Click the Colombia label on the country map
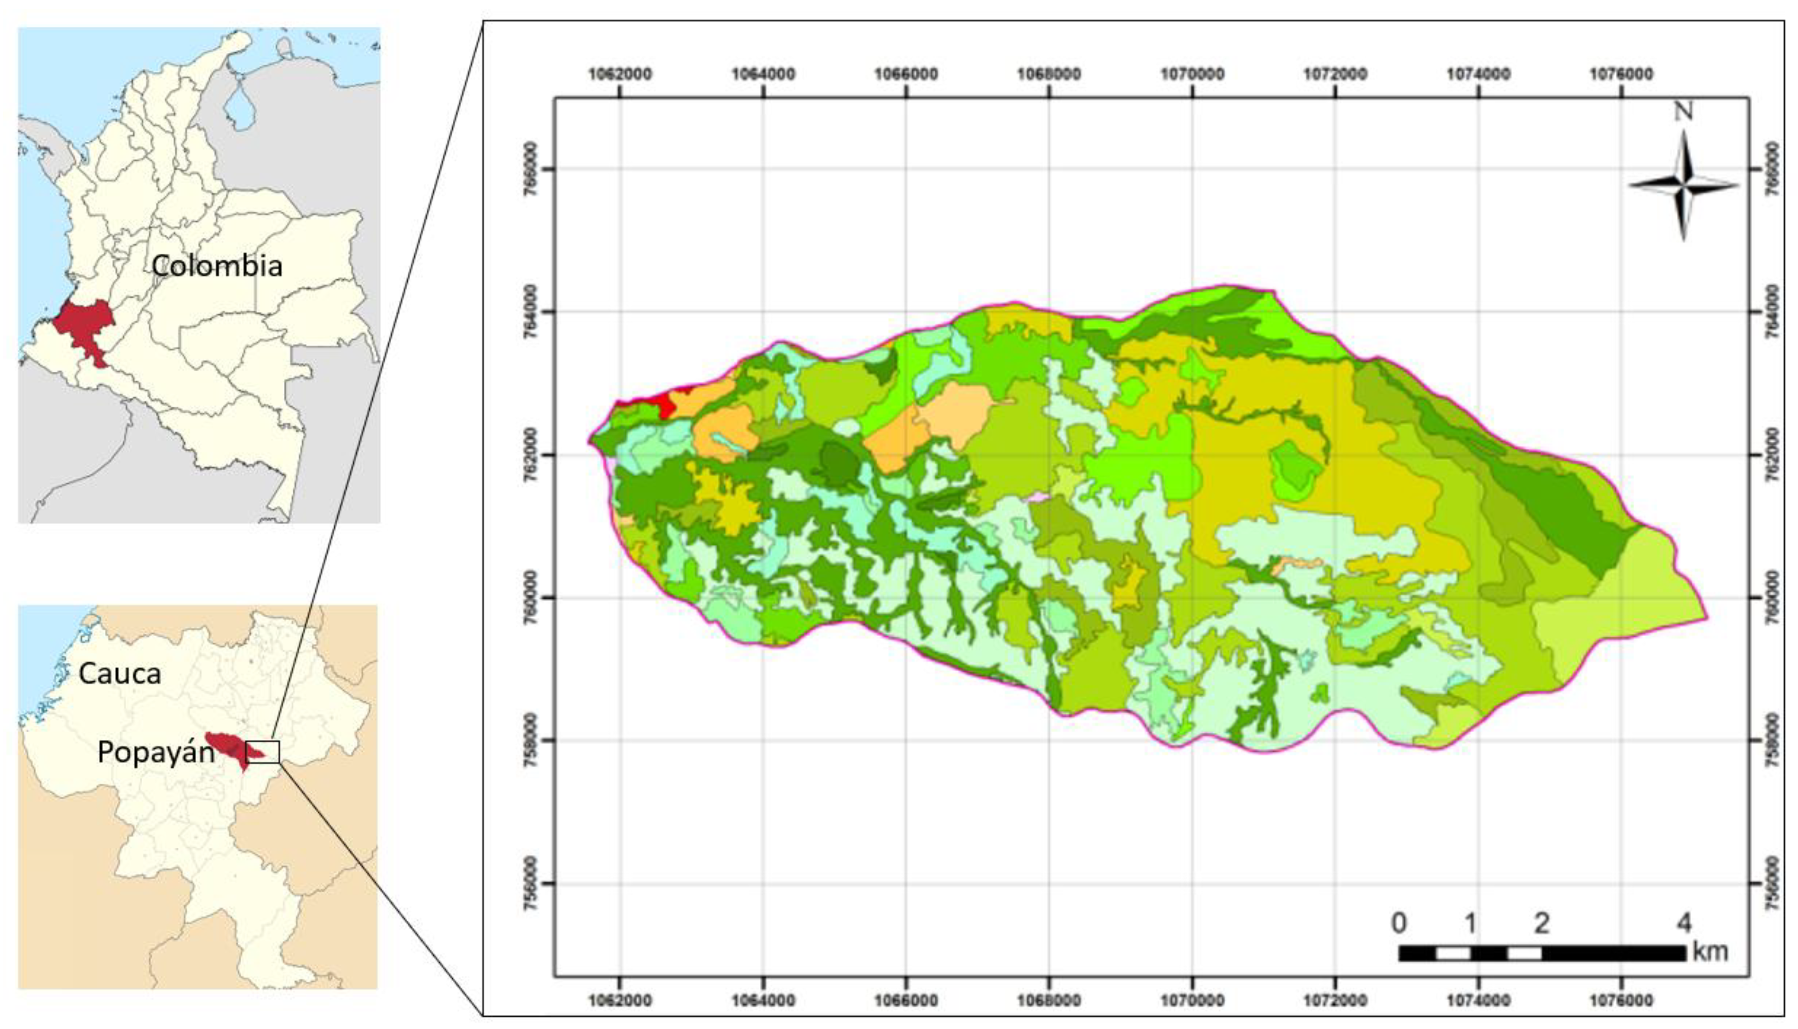tap(217, 266)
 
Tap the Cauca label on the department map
tap(120, 674)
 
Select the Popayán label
tap(156, 752)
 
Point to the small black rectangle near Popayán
tap(262, 752)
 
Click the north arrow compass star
tap(1684, 186)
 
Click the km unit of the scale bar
tap(1710, 951)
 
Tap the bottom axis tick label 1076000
tap(1621, 1001)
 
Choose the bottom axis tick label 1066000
tap(906, 1001)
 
